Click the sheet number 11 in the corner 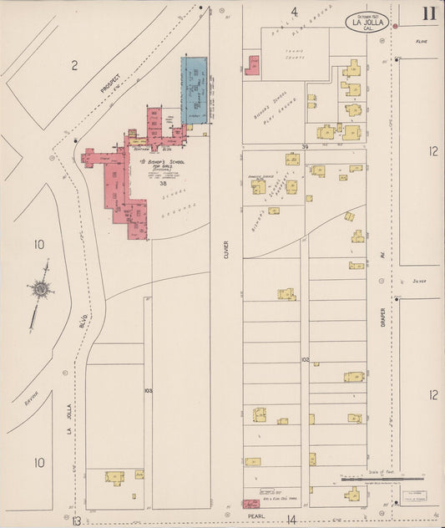click(x=427, y=13)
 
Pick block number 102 click(x=306, y=360)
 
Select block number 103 click(x=148, y=390)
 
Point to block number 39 click(x=306, y=147)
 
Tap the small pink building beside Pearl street click(x=250, y=504)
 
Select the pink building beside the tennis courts click(x=251, y=65)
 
